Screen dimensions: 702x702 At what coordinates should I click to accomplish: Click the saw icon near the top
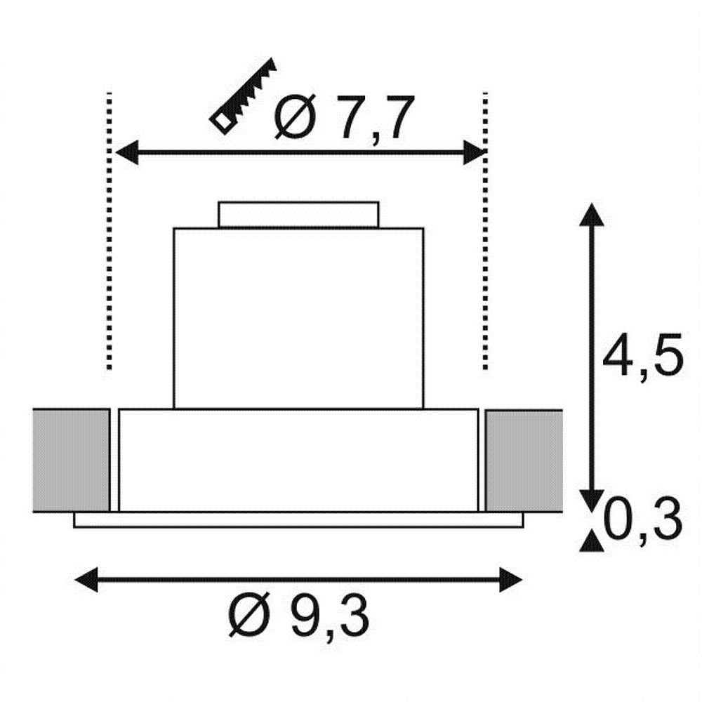tap(243, 96)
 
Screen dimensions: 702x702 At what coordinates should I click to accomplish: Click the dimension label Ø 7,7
tap(342, 117)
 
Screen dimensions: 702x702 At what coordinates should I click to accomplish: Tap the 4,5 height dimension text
tap(642, 357)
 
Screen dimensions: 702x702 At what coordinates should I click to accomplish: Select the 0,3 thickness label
tap(643, 522)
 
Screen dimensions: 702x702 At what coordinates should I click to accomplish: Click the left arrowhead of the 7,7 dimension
tap(127, 152)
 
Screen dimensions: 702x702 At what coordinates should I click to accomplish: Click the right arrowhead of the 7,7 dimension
tap(475, 152)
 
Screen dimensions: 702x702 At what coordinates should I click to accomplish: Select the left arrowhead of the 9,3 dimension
tap(86, 580)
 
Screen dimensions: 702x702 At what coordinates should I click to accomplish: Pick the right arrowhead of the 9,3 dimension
tap(511, 580)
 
